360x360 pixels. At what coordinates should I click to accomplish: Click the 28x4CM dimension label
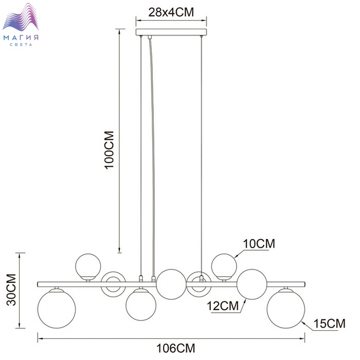click(171, 12)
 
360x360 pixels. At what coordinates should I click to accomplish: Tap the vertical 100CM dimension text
click(109, 150)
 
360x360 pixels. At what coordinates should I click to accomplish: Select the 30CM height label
click(11, 290)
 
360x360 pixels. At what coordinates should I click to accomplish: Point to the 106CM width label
click(176, 348)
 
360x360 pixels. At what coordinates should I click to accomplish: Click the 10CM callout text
click(259, 244)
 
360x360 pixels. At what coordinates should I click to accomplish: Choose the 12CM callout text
click(223, 306)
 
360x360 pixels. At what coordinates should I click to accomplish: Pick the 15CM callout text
click(330, 323)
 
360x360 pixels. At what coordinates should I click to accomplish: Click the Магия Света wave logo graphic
click(21, 17)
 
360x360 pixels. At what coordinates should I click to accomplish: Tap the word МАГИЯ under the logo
click(21, 38)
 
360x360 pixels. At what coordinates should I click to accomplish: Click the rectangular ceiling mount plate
click(171, 32)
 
